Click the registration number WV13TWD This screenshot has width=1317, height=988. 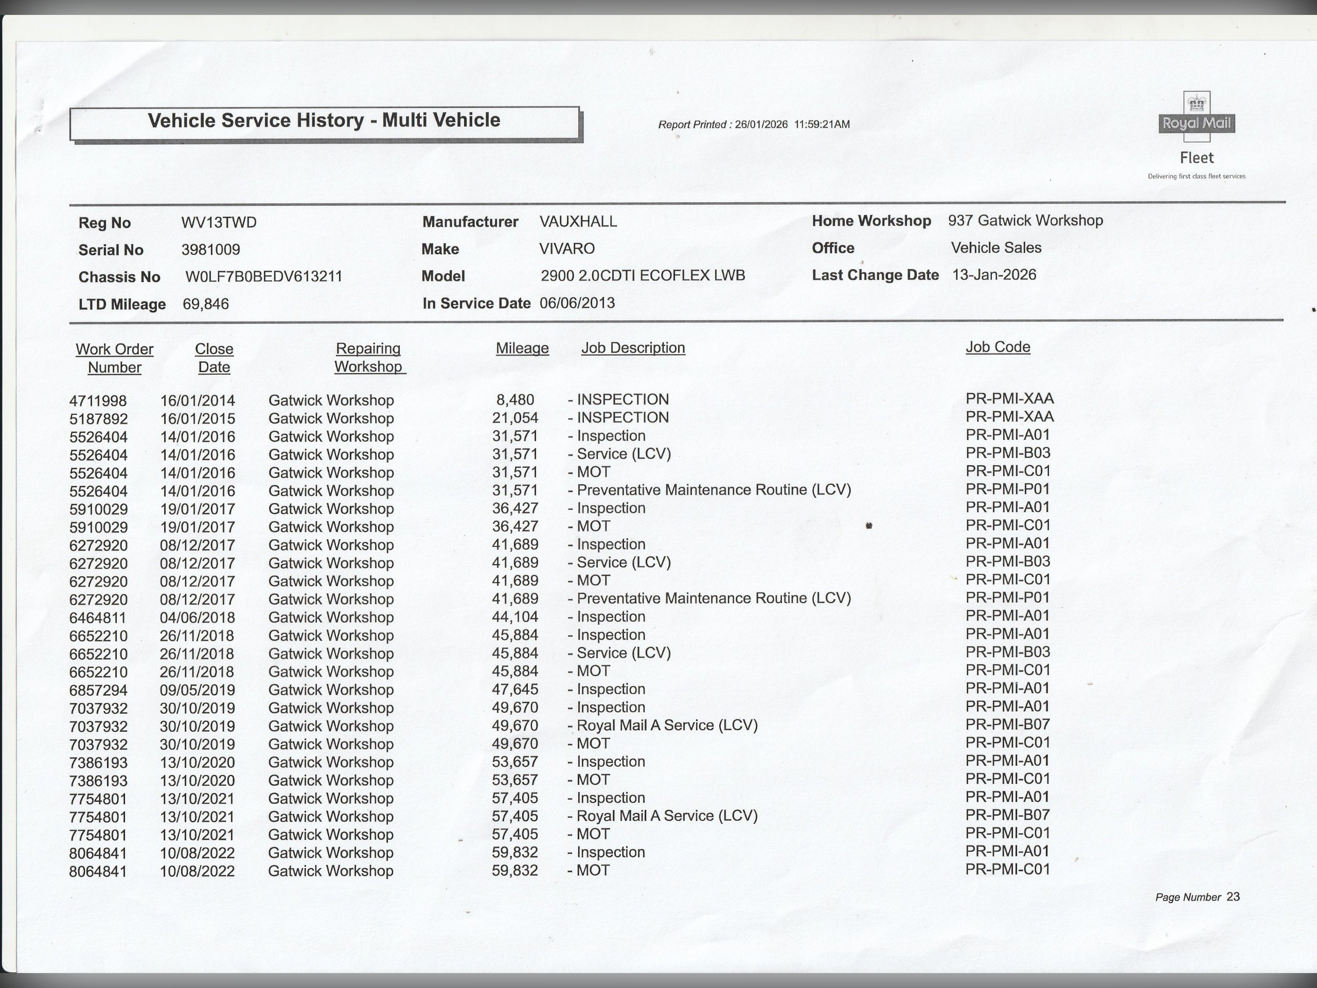click(219, 223)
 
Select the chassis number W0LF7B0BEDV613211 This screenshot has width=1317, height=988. click(264, 277)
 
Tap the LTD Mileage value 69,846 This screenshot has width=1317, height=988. click(205, 304)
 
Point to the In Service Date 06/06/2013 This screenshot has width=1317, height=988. click(577, 303)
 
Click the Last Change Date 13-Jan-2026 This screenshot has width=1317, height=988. click(994, 275)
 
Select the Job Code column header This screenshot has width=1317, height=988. click(998, 347)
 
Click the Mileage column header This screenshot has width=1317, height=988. click(522, 348)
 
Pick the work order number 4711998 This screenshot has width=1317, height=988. click(98, 401)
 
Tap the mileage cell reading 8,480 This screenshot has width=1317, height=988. click(515, 400)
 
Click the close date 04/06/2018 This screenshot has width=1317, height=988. click(197, 617)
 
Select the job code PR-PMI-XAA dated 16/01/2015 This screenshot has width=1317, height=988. click(1009, 417)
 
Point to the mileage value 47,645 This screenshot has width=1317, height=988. click(515, 690)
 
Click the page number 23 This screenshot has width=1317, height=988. click(1233, 897)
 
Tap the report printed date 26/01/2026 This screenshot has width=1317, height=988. click(761, 125)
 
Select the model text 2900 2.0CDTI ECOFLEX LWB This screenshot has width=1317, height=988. click(643, 276)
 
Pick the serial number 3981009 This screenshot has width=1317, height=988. click(211, 250)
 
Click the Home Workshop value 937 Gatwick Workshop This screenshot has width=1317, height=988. click(1025, 221)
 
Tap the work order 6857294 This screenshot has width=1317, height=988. click(98, 690)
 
